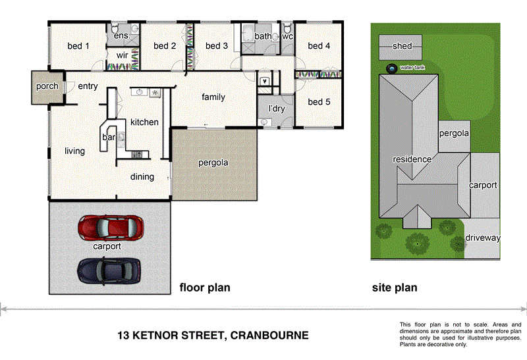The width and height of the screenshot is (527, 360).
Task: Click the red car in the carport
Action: point(111,228)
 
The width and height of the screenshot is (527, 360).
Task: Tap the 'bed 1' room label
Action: point(78,46)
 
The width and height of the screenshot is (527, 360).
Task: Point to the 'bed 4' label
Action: point(319,46)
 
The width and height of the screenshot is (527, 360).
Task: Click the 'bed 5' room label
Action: point(319,102)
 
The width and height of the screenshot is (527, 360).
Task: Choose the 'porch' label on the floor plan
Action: point(47,86)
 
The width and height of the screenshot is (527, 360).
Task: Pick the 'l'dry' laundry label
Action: point(275,109)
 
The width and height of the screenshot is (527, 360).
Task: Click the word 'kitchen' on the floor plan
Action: point(144,122)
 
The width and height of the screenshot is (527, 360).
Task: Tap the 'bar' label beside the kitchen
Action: point(109,138)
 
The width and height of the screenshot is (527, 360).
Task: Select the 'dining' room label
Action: point(142,176)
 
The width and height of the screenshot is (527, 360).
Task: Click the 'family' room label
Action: point(213,97)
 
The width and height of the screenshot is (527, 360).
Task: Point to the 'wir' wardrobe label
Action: point(123,56)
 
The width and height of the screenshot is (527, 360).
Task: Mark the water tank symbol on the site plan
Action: point(391,68)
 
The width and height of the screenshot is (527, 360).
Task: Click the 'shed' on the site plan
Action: point(402,47)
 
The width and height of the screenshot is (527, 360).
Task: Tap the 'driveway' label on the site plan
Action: point(483,238)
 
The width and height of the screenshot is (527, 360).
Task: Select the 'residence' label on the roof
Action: point(412,159)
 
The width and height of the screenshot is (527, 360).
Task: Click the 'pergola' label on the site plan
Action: point(455,133)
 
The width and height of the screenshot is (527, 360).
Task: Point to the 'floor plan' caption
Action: point(205,288)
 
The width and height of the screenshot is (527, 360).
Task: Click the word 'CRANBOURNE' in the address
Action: point(270,335)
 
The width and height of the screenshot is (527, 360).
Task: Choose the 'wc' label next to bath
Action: point(287,36)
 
